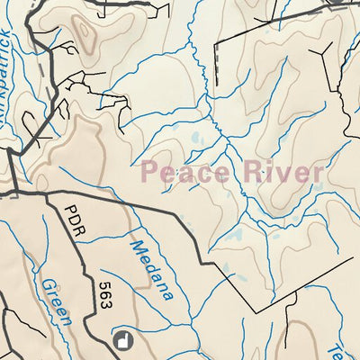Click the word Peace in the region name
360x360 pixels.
(184, 172)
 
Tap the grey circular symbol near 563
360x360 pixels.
(125, 339)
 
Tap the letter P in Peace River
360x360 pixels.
(150, 172)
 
